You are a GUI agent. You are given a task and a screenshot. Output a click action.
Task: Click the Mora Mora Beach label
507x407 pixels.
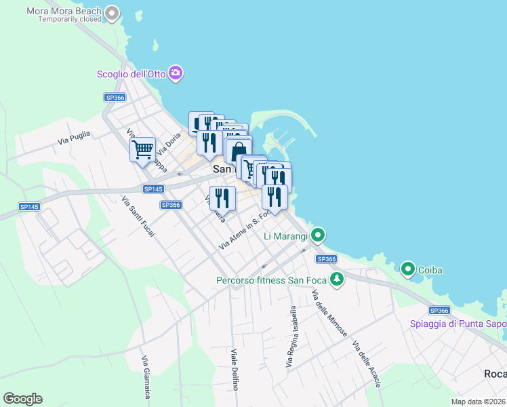pyautogui.click(x=64, y=11)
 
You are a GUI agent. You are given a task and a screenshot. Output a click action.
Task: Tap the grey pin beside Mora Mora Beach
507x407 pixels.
pyautogui.click(x=113, y=13)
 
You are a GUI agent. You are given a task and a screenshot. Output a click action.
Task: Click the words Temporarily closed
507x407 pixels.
pyautogui.click(x=70, y=20)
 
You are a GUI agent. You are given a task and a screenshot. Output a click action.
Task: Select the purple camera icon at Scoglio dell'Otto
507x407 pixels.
pyautogui.click(x=176, y=73)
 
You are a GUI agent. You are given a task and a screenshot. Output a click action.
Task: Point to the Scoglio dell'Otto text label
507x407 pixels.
pyautogui.click(x=131, y=73)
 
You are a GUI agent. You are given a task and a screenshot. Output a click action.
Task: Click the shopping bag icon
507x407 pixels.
pyautogui.click(x=237, y=151)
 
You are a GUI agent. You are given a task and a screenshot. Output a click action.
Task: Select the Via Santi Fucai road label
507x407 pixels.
pyautogui.click(x=138, y=216)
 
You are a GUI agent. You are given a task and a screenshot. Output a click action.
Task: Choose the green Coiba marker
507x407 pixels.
pyautogui.click(x=408, y=269)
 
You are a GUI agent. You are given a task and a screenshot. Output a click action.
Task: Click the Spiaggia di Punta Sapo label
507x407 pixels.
pyautogui.click(x=458, y=324)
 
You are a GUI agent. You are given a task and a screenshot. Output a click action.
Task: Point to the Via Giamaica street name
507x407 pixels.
pyautogui.click(x=145, y=377)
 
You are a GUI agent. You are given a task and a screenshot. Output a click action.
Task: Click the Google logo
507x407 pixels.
pyautogui.click(x=22, y=399)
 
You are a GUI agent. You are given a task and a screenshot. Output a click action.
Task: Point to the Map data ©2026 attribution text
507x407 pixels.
pyautogui.click(x=479, y=402)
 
